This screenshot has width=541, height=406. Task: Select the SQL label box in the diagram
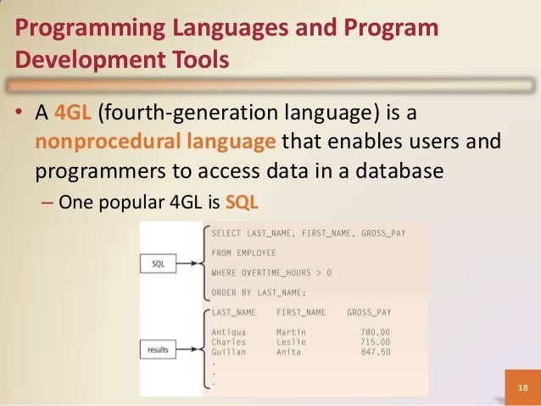158,264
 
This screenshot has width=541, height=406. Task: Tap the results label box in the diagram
157,348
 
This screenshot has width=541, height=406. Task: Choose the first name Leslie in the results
292,341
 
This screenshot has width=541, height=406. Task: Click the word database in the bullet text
399,170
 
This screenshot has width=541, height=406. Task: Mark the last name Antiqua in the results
231,331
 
